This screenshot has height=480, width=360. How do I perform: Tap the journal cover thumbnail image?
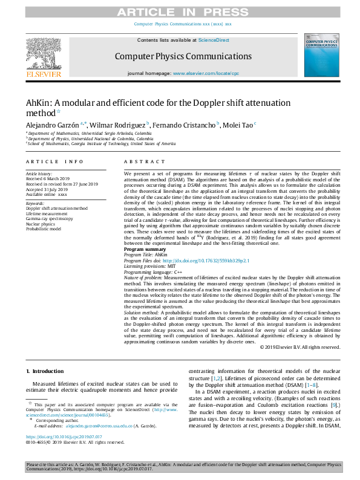coord(321,56)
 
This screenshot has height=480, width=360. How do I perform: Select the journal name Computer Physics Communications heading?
coord(183,57)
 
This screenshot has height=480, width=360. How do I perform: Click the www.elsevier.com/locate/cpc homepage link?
coord(206,73)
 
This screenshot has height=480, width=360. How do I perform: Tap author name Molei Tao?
coord(239,125)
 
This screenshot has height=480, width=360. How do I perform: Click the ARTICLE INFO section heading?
coord(55,162)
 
